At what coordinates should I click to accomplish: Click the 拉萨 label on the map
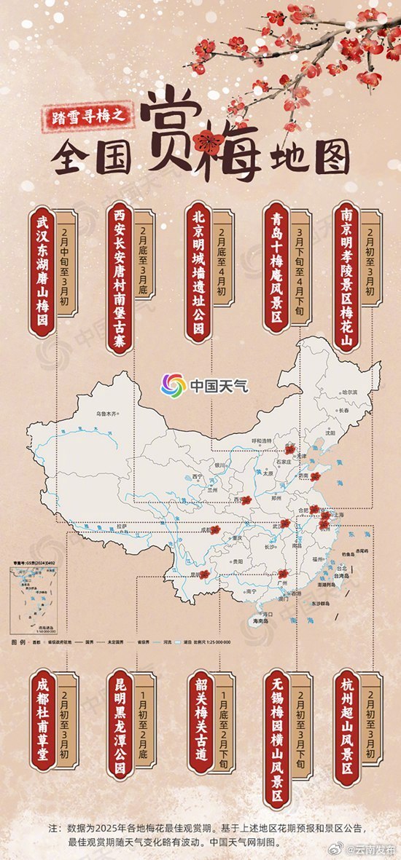click(122, 525)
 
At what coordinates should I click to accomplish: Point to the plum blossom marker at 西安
click(246, 500)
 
